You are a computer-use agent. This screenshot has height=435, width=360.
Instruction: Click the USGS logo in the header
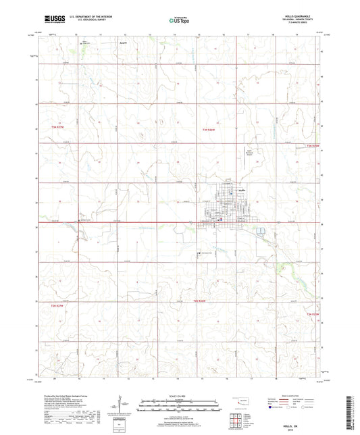51,21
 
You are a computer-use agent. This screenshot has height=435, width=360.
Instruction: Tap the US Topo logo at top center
179,21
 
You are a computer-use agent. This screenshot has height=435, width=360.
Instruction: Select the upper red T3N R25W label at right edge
312,146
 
